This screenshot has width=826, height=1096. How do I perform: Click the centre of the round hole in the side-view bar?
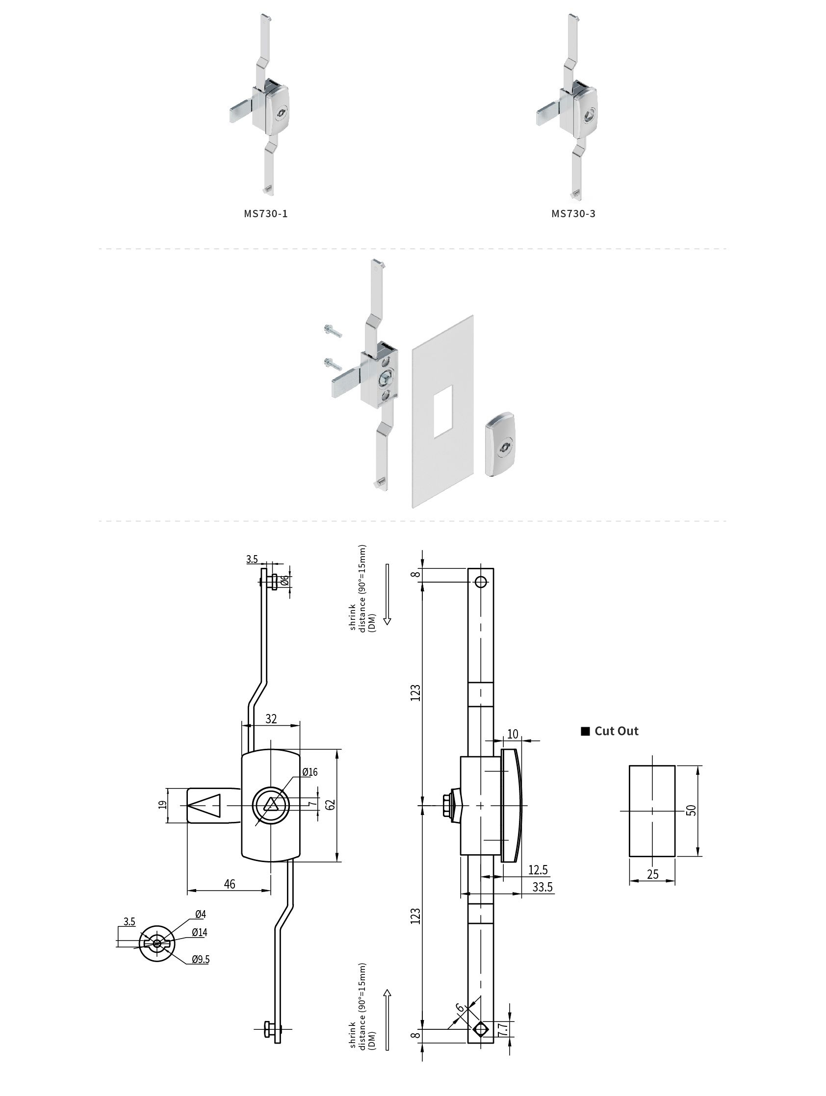click(481, 582)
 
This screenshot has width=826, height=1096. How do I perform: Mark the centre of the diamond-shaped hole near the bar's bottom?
click(480, 1030)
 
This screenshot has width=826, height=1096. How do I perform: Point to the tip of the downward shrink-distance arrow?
click(387, 625)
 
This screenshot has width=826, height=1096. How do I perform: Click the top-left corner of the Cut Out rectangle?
click(629, 765)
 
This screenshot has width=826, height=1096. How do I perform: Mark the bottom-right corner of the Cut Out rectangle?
click(675, 856)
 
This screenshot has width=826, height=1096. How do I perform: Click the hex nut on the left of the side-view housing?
click(449, 806)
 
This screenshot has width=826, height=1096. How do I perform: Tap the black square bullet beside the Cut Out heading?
click(585, 731)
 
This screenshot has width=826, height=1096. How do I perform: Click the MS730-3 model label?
click(573, 213)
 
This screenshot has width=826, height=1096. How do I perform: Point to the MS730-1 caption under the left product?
click(265, 213)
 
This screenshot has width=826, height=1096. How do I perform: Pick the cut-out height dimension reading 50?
click(692, 810)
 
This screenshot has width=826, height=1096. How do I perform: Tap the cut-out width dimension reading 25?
click(652, 873)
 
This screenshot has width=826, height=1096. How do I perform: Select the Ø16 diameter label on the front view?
click(310, 771)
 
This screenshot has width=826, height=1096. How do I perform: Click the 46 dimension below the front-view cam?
click(230, 884)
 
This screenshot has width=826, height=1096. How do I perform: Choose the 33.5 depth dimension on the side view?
click(542, 887)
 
